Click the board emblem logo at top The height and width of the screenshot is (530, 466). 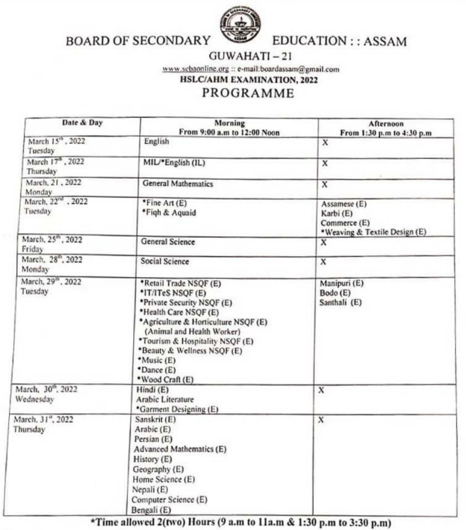click(240, 23)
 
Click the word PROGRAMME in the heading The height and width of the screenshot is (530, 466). click(247, 93)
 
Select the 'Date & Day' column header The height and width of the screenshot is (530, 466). click(82, 123)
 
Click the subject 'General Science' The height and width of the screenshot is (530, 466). click(168, 242)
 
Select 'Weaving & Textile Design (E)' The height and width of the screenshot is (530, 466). click(375, 232)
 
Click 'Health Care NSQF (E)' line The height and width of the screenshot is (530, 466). click(179, 312)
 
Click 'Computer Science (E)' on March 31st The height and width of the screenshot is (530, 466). click(169, 499)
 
